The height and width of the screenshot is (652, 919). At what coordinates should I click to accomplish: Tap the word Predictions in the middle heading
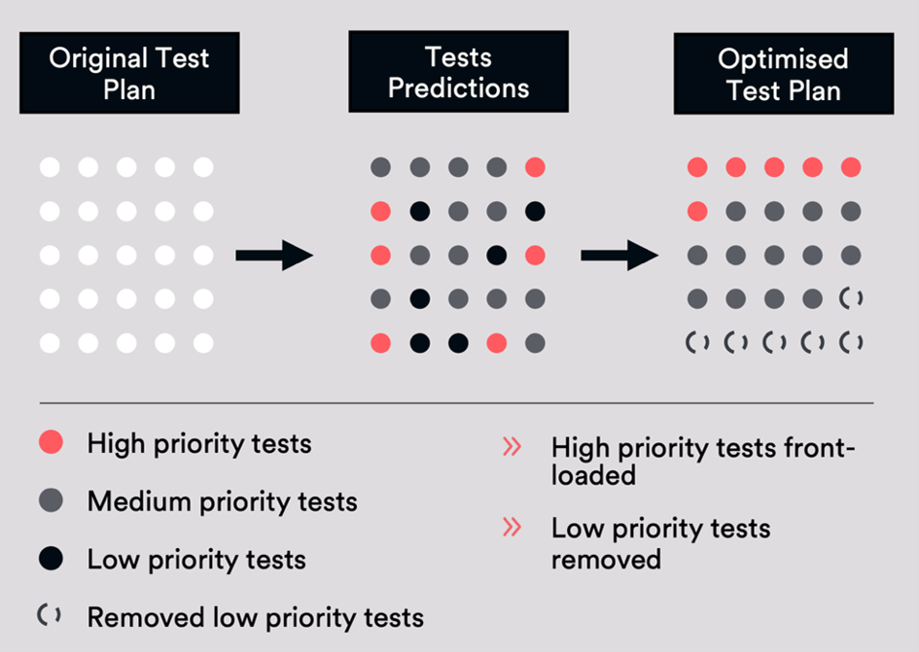click(458, 88)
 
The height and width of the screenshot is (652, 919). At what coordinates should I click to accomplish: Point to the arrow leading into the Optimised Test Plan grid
click(619, 256)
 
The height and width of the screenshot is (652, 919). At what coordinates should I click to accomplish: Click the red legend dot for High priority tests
click(51, 444)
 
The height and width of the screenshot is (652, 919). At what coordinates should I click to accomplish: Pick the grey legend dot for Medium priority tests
click(51, 501)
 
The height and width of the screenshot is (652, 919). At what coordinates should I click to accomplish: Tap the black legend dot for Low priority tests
click(51, 559)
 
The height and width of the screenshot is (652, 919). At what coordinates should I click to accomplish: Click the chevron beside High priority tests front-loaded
click(512, 447)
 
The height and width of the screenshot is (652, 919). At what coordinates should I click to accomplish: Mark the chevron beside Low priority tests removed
click(512, 528)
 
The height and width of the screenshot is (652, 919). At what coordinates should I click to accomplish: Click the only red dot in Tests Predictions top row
click(535, 167)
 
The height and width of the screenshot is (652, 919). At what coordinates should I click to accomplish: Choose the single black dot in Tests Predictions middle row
click(496, 256)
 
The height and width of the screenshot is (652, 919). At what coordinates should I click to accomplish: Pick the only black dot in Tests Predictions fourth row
click(419, 298)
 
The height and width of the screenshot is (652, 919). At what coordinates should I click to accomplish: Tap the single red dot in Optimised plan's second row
click(696, 211)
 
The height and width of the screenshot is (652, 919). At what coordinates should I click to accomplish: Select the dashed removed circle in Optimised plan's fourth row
click(851, 298)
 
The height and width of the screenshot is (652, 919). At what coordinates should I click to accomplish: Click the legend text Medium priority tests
click(222, 502)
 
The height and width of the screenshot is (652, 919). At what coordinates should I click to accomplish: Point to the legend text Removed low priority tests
click(255, 617)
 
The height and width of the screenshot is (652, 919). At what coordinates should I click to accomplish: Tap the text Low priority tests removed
click(660, 543)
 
